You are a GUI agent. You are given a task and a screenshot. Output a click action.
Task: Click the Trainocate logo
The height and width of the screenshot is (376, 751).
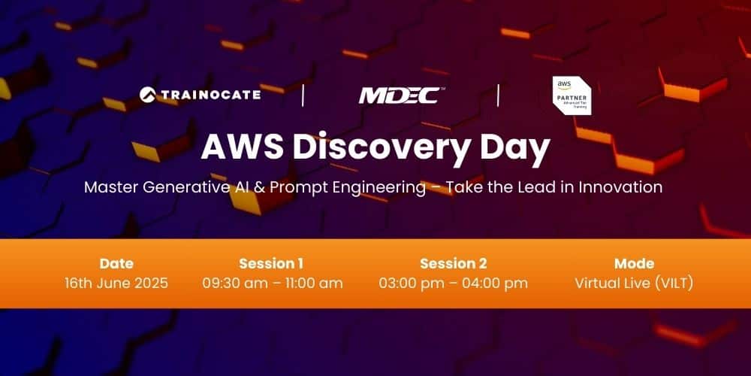click(200, 94)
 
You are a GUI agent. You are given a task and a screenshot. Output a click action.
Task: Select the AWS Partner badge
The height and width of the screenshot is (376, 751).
click(572, 96)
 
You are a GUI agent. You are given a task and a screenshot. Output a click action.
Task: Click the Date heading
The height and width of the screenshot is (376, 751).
click(116, 263)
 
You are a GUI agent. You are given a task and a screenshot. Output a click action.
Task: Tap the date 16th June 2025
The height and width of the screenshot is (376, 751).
click(116, 284)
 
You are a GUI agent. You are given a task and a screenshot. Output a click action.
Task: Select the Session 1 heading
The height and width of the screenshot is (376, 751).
click(273, 263)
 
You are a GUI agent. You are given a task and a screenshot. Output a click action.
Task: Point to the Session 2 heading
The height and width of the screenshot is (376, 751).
click(454, 263)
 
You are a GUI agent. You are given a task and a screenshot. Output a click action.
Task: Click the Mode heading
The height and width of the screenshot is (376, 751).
click(634, 263)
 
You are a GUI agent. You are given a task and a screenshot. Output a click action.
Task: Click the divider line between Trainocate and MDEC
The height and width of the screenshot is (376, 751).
click(303, 96)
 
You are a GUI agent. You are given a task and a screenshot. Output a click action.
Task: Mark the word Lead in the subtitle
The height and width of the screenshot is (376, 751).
click(538, 187)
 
